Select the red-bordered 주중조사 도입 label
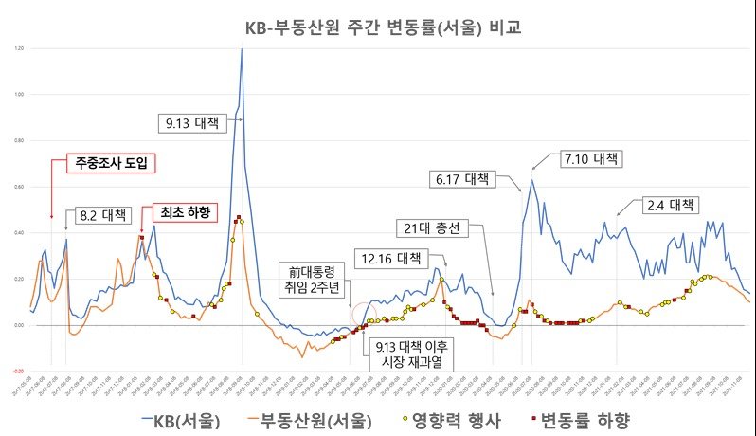(x=113, y=163)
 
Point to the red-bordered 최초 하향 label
(x=185, y=211)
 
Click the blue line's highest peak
(x=242, y=49)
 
